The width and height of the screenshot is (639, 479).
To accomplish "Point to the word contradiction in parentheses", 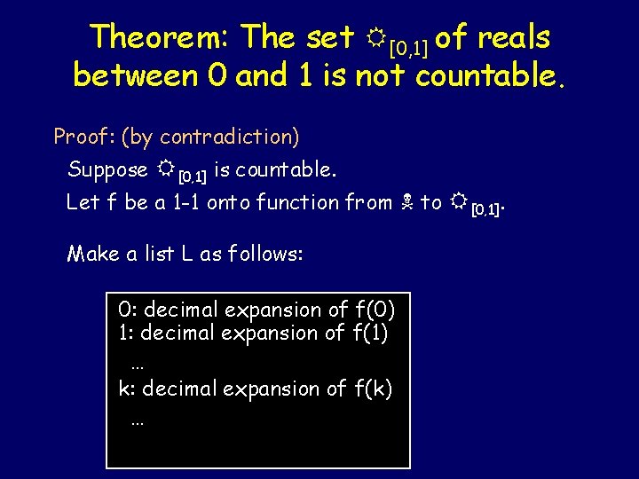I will (x=229, y=137).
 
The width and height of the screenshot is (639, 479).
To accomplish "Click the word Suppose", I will (x=108, y=169).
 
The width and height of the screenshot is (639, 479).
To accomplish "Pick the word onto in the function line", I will (x=228, y=202).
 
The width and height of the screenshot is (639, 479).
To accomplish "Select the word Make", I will (x=93, y=254).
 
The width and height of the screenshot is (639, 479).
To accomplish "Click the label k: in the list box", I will (x=127, y=389).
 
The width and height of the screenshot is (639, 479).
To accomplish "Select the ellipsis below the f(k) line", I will (x=137, y=421).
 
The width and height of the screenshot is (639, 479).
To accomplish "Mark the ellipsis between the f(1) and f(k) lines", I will (x=137, y=365).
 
